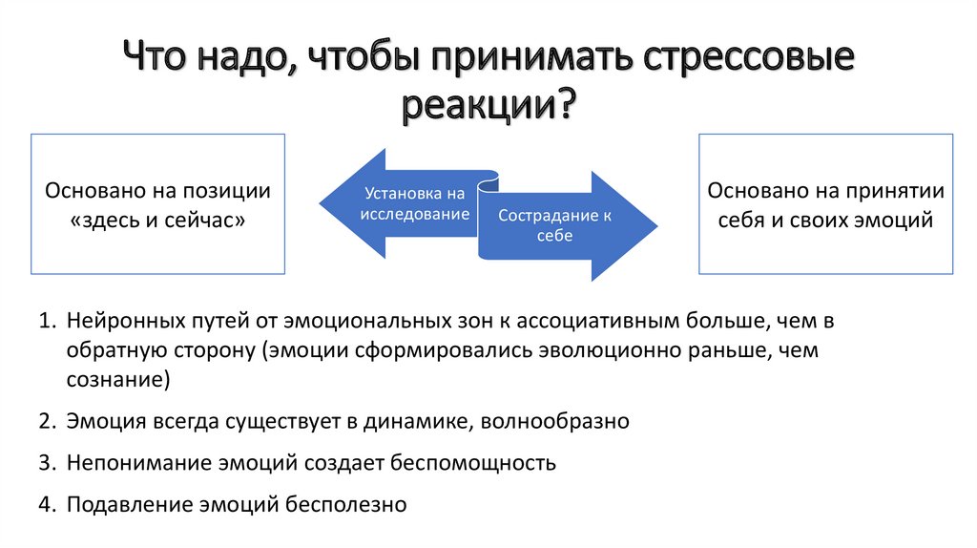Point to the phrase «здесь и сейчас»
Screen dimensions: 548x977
[158, 219]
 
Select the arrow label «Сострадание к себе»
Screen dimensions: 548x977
[554, 224]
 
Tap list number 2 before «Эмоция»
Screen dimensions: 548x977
[45, 421]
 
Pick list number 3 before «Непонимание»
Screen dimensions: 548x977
[45, 463]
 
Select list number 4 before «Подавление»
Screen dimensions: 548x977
[45, 504]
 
